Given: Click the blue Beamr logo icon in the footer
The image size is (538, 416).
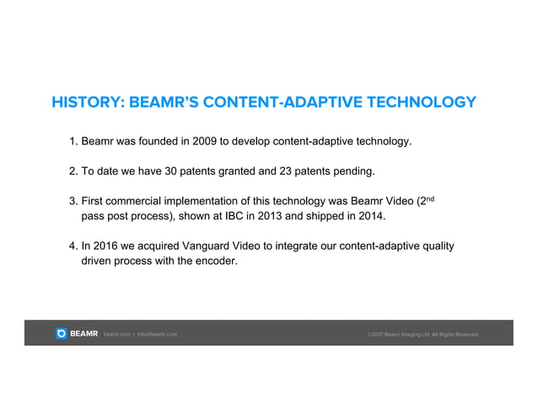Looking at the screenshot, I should coord(62,334).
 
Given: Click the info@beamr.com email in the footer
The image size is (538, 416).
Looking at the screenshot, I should coord(157,335).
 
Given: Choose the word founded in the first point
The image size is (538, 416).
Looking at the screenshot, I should coord(154,140).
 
